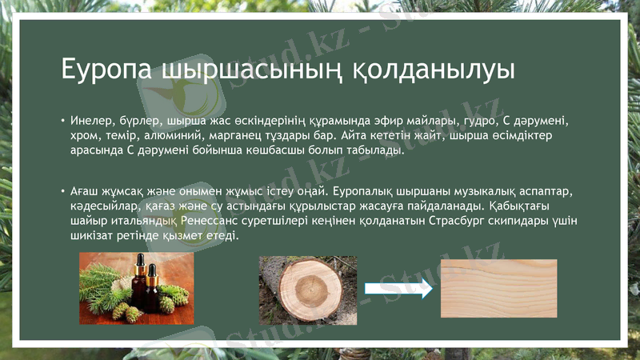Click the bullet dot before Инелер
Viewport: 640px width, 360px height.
62,121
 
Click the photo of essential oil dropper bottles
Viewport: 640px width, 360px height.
136,288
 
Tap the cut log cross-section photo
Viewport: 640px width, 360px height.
308,289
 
